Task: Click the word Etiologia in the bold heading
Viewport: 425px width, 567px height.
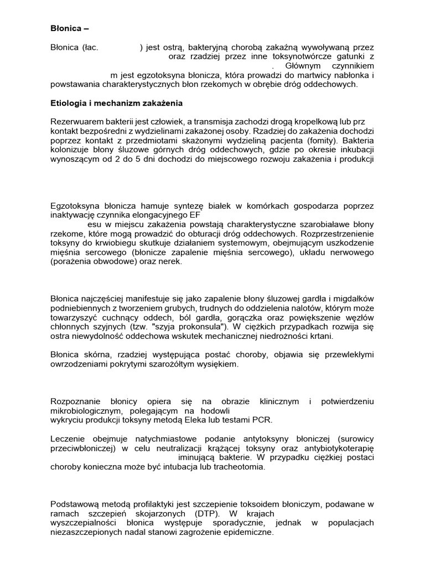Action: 70,104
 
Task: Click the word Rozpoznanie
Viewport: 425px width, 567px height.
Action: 76,401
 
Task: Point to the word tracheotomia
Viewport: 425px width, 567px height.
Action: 240,467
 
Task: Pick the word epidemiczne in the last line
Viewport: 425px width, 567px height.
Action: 247,532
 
